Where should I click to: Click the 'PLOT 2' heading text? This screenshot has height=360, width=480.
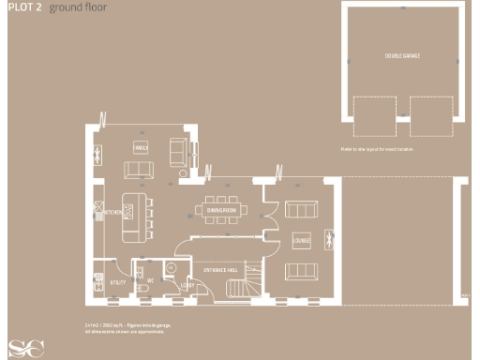tap(22, 7)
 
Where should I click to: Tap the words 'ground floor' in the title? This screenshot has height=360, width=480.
tap(78, 7)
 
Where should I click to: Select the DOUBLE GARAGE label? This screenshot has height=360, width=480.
tap(402, 56)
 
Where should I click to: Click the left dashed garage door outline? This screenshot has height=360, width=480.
tap(373, 116)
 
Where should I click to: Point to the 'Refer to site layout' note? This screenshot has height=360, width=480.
tap(377, 149)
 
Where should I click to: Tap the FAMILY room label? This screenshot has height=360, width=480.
tap(142, 148)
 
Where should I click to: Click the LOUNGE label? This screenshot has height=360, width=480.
tap(302, 239)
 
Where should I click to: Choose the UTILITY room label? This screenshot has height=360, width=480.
tap(118, 281)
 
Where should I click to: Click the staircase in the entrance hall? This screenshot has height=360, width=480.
tap(241, 288)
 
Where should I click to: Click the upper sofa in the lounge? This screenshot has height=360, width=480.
tap(301, 208)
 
